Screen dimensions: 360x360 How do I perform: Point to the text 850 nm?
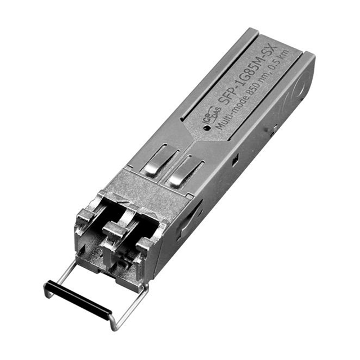(x=255, y=89)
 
